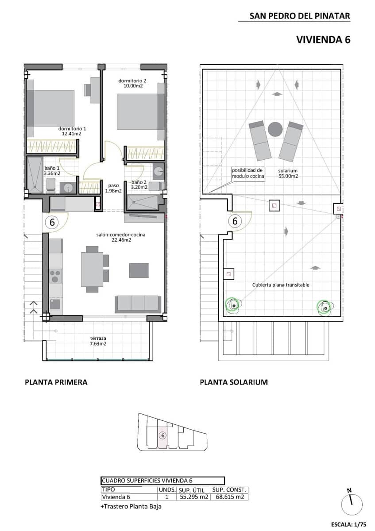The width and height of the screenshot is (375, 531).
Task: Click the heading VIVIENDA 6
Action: [323, 39]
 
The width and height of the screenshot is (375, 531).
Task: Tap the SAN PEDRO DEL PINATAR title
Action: [300, 16]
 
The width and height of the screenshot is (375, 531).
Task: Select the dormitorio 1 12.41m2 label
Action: [72, 131]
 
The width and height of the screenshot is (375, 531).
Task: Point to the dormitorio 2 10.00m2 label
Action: [132, 83]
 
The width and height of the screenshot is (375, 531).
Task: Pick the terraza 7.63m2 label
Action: [98, 341]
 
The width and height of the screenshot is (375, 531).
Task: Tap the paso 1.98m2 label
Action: [114, 188]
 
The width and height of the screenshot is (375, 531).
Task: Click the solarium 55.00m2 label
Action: [288, 173]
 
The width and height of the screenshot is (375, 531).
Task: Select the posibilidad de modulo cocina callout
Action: [248, 173]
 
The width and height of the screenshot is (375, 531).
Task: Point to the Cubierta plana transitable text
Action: [281, 285]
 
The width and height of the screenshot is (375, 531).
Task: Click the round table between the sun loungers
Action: [275, 129]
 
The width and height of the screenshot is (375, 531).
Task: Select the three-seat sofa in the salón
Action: [138, 303]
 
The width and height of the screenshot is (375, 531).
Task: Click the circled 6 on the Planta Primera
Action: [52, 223]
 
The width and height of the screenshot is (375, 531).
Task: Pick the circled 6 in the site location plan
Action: [163, 435]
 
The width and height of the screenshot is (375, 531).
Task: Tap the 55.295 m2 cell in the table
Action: [193, 497]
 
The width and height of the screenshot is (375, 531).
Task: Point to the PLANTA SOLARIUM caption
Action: [234, 382]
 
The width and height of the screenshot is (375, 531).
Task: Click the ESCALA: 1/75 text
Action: [348, 525]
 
